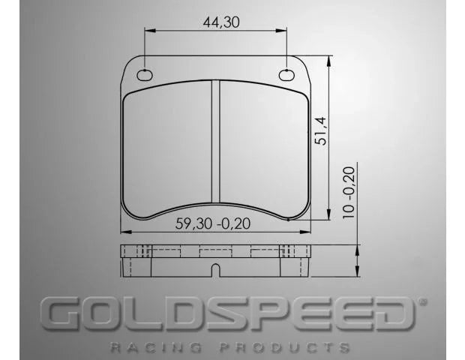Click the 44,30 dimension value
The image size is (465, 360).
pyautogui.click(x=220, y=22)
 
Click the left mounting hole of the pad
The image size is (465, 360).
pyautogui.click(x=145, y=74)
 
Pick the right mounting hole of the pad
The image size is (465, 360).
pyautogui.click(x=286, y=74)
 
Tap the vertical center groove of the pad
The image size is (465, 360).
pyautogui.click(x=215, y=142)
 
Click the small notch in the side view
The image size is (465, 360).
pyautogui.click(x=215, y=269)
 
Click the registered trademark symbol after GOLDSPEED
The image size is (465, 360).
pyautogui.click(x=421, y=301)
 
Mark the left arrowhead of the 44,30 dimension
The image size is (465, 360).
pyautogui.click(x=148, y=31)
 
